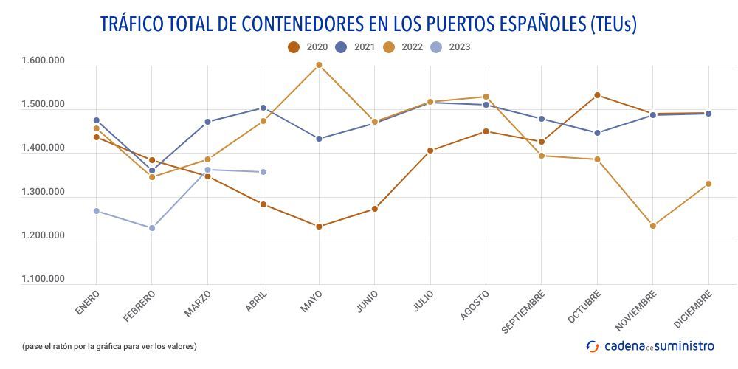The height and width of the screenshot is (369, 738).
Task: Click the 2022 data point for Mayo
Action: [x=319, y=65]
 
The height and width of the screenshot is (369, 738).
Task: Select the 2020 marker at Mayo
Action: [x=319, y=227]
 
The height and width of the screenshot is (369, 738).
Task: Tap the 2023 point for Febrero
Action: [x=152, y=228]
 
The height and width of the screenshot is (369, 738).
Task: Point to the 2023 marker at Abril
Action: [x=263, y=172]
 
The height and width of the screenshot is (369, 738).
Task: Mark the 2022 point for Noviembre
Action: [x=653, y=226]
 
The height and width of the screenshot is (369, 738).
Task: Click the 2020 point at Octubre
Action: [x=597, y=95]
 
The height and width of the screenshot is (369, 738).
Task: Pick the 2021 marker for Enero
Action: [x=97, y=120]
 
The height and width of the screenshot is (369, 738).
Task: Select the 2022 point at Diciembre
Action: [x=708, y=184]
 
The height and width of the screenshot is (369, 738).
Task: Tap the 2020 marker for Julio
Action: [x=430, y=151]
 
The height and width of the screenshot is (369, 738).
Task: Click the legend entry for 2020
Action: [x=308, y=47]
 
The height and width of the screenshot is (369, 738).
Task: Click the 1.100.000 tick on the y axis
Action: [x=44, y=280]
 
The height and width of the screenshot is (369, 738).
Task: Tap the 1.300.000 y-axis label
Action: [x=44, y=193]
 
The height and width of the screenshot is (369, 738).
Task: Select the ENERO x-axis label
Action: [x=87, y=303]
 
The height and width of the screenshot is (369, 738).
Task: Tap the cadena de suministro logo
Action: [x=650, y=345]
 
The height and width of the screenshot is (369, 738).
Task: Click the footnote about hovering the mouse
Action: [x=109, y=346]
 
